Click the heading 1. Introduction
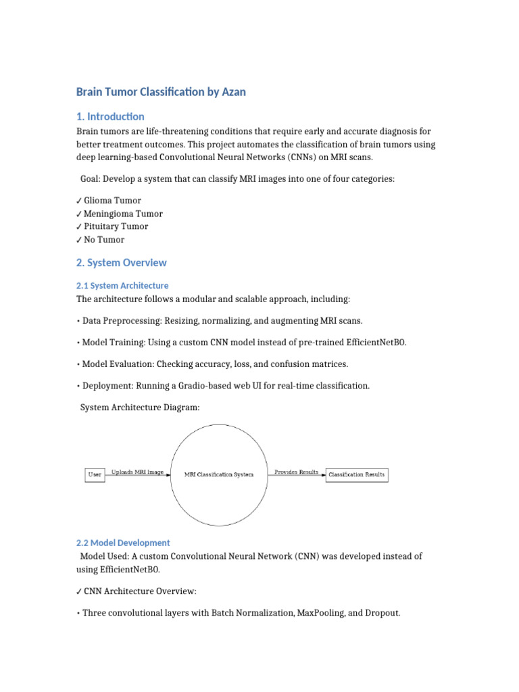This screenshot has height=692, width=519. pyautogui.click(x=110, y=116)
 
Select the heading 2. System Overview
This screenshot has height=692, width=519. pyautogui.click(x=121, y=262)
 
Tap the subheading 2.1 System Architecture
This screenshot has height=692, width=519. pyautogui.click(x=122, y=285)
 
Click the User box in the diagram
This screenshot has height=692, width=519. pyautogui.click(x=95, y=474)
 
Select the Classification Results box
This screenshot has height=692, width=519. pyautogui.click(x=357, y=474)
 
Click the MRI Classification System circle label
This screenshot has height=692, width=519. pyautogui.click(x=219, y=474)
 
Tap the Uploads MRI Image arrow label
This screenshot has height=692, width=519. pyautogui.click(x=137, y=472)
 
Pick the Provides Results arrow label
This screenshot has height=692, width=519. pyautogui.click(x=296, y=472)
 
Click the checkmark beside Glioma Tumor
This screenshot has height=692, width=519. pyautogui.click(x=79, y=201)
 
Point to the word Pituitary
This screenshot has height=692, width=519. pyautogui.click(x=103, y=226)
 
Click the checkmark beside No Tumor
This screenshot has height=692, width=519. pyautogui.click(x=79, y=239)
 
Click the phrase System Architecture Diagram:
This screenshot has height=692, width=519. pyautogui.click(x=140, y=407)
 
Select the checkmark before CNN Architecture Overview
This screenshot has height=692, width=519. pyautogui.click(x=79, y=591)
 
